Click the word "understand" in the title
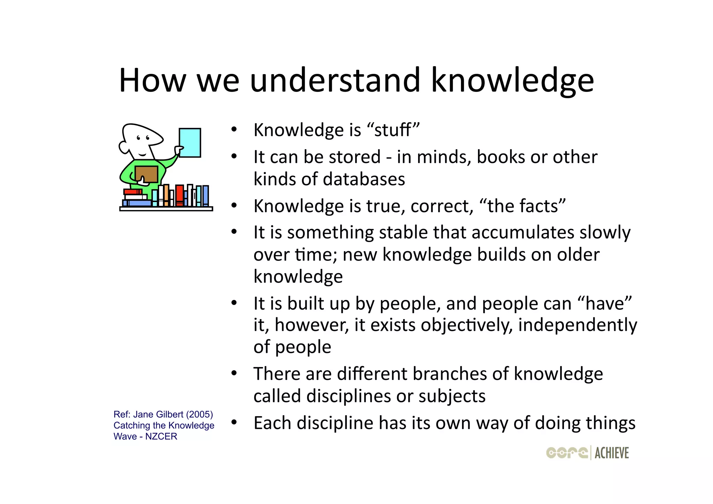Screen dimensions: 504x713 coord(335,80)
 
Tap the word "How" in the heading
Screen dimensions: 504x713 coord(152,80)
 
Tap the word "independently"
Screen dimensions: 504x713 coord(577,325)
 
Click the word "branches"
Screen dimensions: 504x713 coord(449,374)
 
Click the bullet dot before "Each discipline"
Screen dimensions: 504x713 coord(234,422)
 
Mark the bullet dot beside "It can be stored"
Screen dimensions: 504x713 coord(234,156)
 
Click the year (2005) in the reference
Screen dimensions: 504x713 coord(199,414)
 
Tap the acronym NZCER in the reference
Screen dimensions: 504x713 coord(161,436)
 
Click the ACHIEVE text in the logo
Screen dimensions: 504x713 coord(611,453)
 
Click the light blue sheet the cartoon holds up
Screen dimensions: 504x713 coord(190,143)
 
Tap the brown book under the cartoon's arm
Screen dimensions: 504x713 coord(146,174)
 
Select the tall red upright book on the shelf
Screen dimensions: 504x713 coord(179,195)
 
